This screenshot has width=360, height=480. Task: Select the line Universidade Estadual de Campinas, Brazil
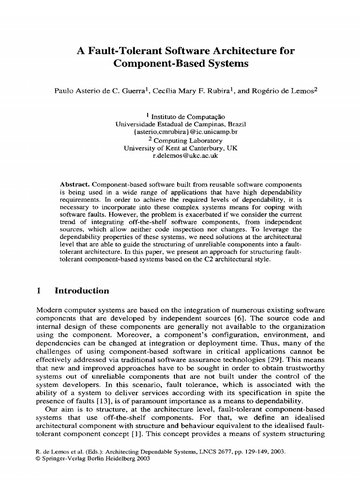(x=181, y=124)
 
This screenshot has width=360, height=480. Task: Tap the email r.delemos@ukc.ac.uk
(x=186, y=156)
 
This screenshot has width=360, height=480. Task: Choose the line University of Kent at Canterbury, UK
(x=181, y=148)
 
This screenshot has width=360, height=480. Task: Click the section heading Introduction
(x=82, y=291)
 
